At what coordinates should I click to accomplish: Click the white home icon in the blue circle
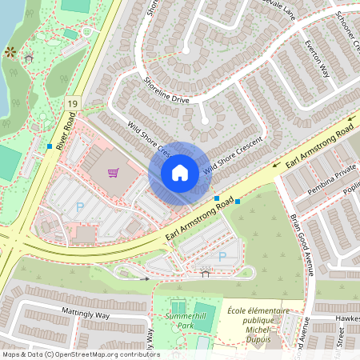coord(180,173)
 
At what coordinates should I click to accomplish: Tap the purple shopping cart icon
coord(114,172)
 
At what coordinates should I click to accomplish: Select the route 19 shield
coord(73,104)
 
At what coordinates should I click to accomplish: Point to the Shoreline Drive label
coord(166,89)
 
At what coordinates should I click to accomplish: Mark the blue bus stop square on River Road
coord(50,146)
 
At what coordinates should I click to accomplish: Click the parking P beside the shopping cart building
coord(79,207)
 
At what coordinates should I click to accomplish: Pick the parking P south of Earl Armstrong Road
coord(222,257)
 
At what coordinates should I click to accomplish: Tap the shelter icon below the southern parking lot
coord(206,273)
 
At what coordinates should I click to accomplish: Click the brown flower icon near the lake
coord(10,52)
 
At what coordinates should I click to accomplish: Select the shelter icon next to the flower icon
coord(30,58)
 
